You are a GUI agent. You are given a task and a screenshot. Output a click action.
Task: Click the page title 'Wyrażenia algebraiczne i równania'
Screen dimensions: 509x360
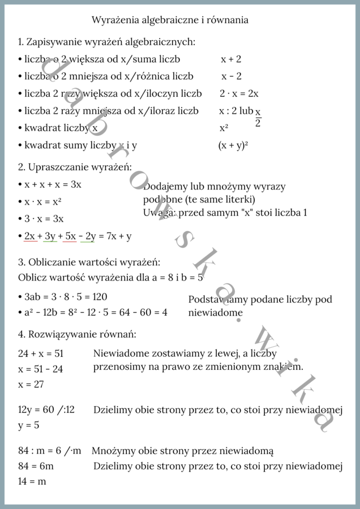170,20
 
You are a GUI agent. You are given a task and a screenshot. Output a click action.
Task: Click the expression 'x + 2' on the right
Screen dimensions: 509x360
231,59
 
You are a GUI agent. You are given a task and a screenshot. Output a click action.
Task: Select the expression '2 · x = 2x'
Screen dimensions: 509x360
239,93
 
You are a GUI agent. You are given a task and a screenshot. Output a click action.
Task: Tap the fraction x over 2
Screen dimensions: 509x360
258,118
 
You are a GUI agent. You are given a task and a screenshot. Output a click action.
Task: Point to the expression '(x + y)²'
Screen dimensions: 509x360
233,145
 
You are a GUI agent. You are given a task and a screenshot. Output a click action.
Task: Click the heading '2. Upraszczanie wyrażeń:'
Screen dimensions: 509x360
75,167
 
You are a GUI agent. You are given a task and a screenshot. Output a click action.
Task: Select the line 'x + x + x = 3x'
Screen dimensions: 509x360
53,184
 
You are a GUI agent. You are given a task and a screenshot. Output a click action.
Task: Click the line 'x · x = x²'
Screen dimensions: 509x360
43,202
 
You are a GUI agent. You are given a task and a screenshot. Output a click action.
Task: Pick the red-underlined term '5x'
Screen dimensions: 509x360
70,236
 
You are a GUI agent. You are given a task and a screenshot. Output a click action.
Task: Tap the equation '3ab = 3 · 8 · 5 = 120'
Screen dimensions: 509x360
66,297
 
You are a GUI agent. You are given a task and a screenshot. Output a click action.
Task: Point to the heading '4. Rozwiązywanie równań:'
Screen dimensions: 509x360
77,334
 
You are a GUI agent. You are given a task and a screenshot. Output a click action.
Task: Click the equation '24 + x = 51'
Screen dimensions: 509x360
41,354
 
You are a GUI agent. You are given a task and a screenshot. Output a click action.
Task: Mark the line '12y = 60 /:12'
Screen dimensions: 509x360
46,409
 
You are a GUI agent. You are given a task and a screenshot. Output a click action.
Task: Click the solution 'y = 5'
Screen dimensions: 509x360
28,425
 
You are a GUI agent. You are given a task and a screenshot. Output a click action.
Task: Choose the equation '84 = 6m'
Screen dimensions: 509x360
36,467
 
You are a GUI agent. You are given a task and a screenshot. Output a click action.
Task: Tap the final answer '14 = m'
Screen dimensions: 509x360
32,482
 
